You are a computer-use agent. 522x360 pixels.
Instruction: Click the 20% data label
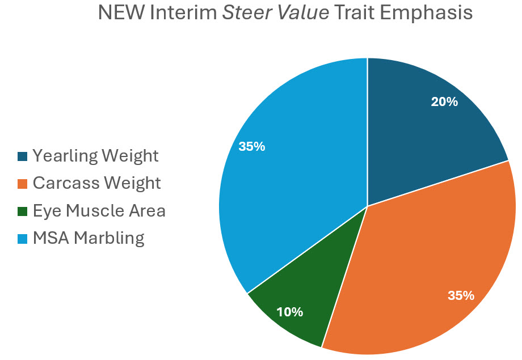click(x=444, y=101)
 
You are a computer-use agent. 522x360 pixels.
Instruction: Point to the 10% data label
click(x=289, y=312)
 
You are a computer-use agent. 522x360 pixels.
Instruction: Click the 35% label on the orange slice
click(x=461, y=295)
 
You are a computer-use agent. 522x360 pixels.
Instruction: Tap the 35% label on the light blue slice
click(x=252, y=146)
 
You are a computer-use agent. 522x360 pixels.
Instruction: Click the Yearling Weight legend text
click(x=95, y=155)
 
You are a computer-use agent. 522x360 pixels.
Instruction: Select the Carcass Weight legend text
click(x=96, y=183)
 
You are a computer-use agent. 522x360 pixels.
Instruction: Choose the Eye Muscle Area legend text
click(x=99, y=211)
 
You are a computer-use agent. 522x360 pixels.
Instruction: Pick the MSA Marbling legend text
click(x=89, y=238)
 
